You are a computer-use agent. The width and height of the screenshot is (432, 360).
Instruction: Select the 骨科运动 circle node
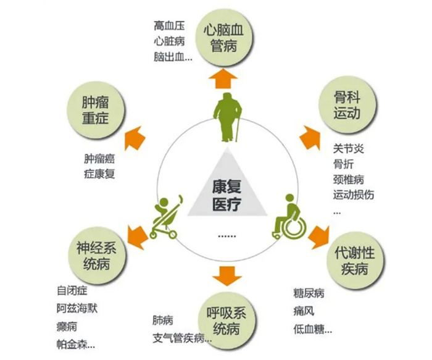(346, 106)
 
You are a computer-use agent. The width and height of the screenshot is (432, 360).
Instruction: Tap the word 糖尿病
(309, 293)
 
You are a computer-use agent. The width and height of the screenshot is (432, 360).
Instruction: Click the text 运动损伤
(353, 195)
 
